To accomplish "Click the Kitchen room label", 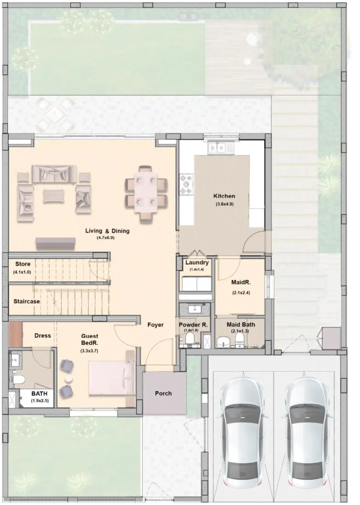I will coord(224,196).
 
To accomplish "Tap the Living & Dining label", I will coord(107,231).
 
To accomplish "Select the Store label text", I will coord(23,264).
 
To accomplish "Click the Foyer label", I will coord(156,325).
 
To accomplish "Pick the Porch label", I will coord(163,393).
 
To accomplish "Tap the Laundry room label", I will coord(197,263).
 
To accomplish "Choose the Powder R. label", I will coord(193,324).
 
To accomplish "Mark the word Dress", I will coord(43,336).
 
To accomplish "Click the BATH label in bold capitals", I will coord(40,394).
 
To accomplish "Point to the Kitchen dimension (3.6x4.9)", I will coord(225,204).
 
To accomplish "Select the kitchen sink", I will coord(220,148).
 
